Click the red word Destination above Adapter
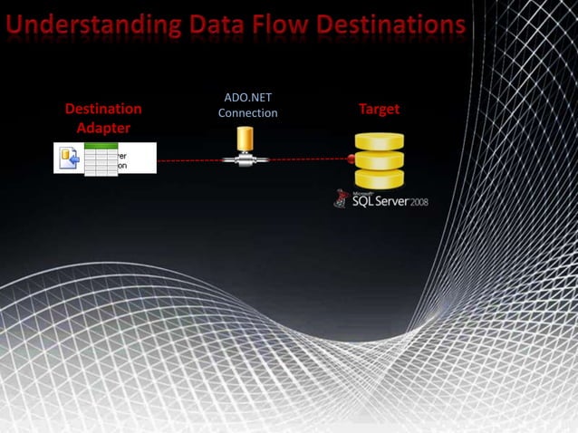point(103,109)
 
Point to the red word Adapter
point(103,128)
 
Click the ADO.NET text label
point(247,98)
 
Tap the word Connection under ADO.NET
point(247,113)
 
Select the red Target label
point(379,109)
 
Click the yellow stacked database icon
point(379,159)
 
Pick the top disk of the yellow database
point(379,141)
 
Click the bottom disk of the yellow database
point(379,178)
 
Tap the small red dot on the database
point(351,159)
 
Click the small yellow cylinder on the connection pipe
point(245,140)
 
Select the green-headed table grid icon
point(101,159)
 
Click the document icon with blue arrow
point(69,159)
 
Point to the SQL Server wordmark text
point(380,200)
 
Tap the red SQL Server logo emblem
point(342,198)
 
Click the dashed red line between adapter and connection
point(188,161)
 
